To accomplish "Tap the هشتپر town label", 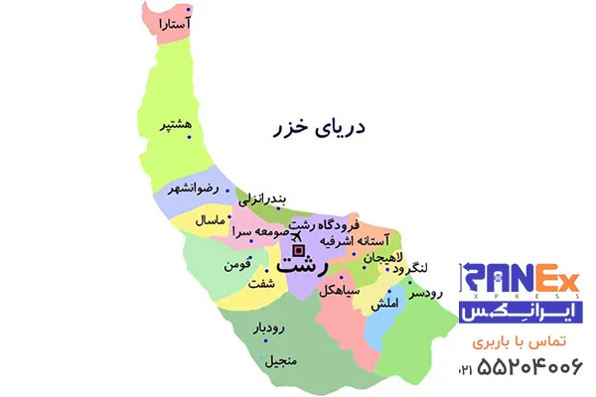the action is point(175,126).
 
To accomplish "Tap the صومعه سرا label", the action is point(259,231).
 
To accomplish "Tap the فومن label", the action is point(227,265).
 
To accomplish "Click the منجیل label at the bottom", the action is point(277,362).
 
